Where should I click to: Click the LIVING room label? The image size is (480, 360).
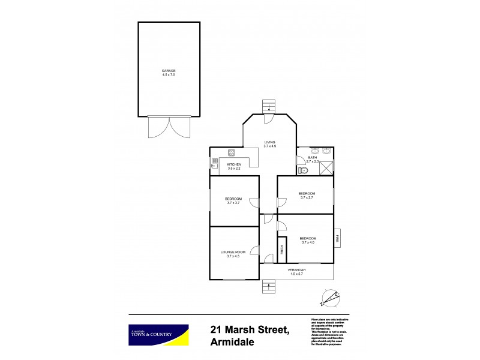pyautogui.click(x=269, y=142)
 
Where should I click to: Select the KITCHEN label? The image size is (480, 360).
pyautogui.click(x=233, y=164)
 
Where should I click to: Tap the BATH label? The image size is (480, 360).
pyautogui.click(x=312, y=158)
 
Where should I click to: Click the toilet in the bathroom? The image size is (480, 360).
pyautogui.click(x=302, y=170)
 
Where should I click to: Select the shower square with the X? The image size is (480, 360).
pyautogui.click(x=327, y=167)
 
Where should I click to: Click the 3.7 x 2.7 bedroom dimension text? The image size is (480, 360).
pyautogui.click(x=306, y=197)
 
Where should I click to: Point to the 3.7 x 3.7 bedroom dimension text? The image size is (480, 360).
pyautogui.click(x=233, y=203)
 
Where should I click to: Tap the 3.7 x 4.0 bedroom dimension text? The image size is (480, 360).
pyautogui.click(x=308, y=242)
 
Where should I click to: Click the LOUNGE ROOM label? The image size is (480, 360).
pyautogui.click(x=233, y=252)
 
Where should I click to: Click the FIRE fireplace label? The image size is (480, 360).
pyautogui.click(x=337, y=238)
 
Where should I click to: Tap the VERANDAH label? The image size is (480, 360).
pyautogui.click(x=298, y=270)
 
